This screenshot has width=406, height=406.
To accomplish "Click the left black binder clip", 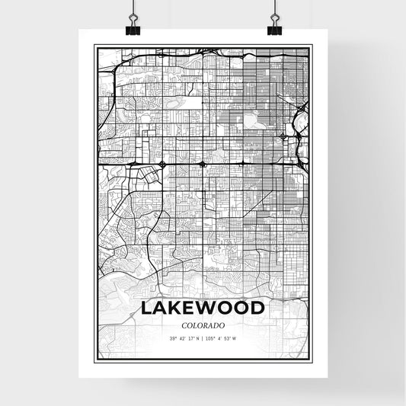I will point(133,25).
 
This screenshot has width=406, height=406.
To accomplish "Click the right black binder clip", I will point(273,25).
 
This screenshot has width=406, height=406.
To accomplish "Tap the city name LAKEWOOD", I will point(203,308).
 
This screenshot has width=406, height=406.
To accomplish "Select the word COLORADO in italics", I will point(203,325).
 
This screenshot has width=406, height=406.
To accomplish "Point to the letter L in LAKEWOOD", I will point(146,308).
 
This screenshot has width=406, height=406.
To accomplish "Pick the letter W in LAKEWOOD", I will point(211,308).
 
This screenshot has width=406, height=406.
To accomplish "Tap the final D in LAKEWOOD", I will point(257,308).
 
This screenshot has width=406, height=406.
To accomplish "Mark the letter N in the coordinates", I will point(198,338).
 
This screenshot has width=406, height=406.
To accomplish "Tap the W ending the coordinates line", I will point(235,338).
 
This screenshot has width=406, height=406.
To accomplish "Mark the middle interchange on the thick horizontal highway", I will point(202,163).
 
